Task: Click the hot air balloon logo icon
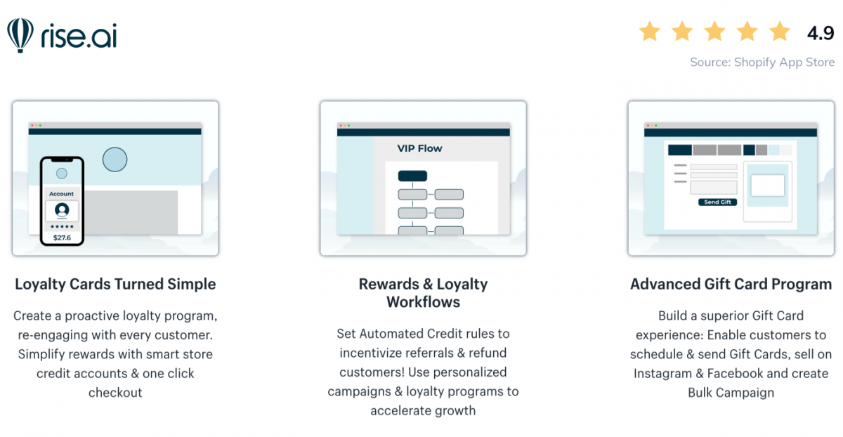[20, 35]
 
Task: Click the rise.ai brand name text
[79, 36]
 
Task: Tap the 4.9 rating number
[820, 33]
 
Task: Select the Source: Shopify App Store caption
[762, 62]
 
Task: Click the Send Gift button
[717, 202]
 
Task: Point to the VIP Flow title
[419, 148]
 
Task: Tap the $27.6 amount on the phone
[62, 237]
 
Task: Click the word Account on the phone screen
[61, 194]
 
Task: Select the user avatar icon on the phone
[62, 210]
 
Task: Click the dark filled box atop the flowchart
[412, 176]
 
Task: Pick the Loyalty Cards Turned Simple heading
[115, 285]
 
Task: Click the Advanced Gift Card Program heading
[731, 285]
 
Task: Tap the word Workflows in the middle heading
[423, 302]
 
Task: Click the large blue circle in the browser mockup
[115, 159]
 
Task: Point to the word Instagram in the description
[662, 374]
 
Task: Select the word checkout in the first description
[115, 393]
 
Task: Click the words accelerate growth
[423, 410]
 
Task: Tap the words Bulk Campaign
[731, 393]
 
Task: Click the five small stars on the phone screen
[62, 227]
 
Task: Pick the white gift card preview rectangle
[768, 185]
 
